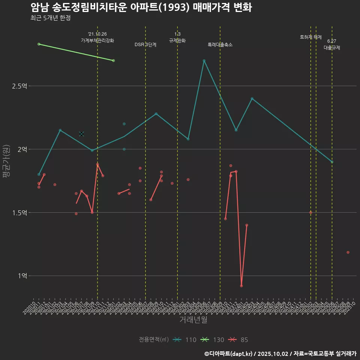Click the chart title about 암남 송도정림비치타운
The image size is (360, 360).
pos(141,7)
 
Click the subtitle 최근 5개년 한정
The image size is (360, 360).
pos(50,18)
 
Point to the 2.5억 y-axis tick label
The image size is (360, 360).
pos(19,86)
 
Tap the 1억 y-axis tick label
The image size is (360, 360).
pos(22,276)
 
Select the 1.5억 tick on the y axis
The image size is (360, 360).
pos(19,213)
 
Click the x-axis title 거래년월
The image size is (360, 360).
pos(193,320)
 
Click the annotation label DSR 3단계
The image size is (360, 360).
pos(145,45)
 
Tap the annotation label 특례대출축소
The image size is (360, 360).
pos(220,45)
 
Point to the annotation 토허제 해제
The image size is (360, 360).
pos(311,37)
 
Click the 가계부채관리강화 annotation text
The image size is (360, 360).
pos(97,40)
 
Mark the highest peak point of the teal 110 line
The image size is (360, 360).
pos(204,60)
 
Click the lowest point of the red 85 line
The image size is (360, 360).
pos(241,286)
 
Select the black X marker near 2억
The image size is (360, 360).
pos(81,134)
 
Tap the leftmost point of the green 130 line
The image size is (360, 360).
pos(39,44)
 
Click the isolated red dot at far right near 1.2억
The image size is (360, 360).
pos(348,252)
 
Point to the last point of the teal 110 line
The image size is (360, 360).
pos(332,162)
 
